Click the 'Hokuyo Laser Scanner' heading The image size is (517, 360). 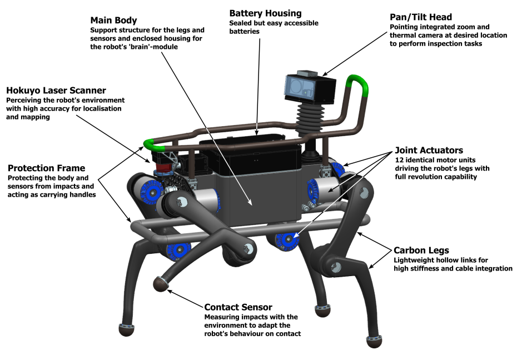click(x=56, y=90)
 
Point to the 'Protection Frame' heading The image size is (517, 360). click(x=46, y=168)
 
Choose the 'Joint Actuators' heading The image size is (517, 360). click(x=429, y=151)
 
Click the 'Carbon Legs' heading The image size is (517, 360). click(x=421, y=250)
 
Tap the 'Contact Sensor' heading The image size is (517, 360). click(x=238, y=307)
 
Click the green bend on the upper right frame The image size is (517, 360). click(x=359, y=86)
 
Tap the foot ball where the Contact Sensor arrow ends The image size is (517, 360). click(x=161, y=284)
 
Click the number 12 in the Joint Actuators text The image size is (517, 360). click(x=399, y=160)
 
